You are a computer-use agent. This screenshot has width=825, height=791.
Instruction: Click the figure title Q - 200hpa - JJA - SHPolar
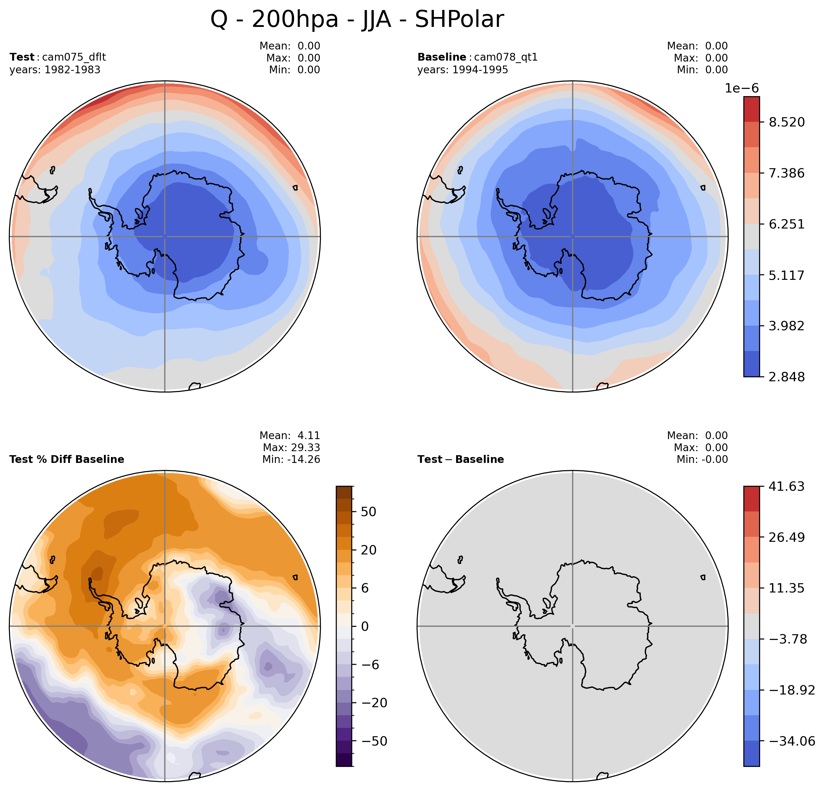coord(357,19)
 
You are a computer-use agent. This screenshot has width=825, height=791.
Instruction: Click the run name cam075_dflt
coord(74,57)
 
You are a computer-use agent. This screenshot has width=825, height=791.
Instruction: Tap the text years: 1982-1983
coord(55,70)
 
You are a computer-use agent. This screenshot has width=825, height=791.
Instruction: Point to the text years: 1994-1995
coord(463,70)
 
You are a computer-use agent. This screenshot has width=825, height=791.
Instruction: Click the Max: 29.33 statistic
coord(291,447)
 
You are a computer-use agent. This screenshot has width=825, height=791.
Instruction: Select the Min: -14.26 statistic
coord(291,459)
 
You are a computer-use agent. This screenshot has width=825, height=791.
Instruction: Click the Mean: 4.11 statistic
coord(290,436)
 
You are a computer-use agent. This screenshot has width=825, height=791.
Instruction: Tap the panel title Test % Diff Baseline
coord(66,459)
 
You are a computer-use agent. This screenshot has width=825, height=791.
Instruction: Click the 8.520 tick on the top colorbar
coord(787,122)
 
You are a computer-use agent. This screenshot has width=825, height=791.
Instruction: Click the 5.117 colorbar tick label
coord(787,276)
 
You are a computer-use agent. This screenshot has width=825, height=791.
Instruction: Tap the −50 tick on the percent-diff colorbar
coord(374,741)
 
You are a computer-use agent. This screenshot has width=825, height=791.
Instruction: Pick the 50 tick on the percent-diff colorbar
coord(369,512)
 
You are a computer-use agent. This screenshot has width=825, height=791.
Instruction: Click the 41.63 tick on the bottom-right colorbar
coord(787,487)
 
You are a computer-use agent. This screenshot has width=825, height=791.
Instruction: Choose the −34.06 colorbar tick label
coord(792,741)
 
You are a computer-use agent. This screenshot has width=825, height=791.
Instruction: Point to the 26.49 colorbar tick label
coord(787,537)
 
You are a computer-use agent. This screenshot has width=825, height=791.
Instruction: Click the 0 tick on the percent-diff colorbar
coord(365,626)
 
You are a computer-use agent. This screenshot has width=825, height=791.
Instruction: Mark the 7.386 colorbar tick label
coord(787,173)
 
